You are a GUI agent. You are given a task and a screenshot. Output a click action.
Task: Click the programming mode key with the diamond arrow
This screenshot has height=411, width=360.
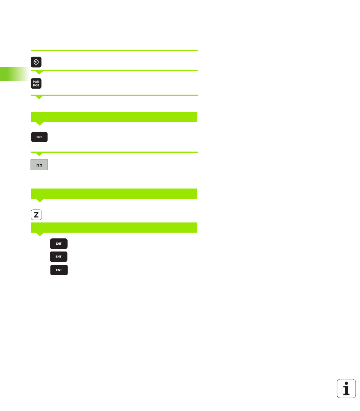click(x=36, y=62)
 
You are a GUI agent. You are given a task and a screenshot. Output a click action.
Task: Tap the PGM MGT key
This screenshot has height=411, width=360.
click(x=36, y=84)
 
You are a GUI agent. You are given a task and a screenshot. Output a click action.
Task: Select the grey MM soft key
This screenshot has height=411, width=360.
click(x=39, y=165)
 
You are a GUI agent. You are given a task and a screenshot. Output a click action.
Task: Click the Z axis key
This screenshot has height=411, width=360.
click(x=36, y=215)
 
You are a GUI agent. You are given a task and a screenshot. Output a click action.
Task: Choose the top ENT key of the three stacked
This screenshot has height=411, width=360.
click(x=59, y=244)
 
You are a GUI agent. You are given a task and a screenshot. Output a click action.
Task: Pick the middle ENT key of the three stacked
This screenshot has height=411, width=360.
click(x=59, y=257)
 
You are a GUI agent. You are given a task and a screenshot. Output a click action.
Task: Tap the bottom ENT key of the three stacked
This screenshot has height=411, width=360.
click(x=59, y=270)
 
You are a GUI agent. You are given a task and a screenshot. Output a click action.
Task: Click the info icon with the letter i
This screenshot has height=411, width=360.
click(x=346, y=388)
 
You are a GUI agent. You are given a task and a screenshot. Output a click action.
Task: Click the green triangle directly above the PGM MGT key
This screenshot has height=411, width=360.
click(x=39, y=72)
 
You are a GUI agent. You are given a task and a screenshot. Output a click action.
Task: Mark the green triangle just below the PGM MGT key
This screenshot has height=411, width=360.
click(x=39, y=97)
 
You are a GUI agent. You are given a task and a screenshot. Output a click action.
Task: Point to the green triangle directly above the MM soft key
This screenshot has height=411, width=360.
click(x=39, y=154)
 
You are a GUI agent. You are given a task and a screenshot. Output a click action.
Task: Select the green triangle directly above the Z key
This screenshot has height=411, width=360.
click(x=39, y=200)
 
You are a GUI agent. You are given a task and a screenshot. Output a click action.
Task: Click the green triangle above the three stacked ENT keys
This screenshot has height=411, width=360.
click(x=39, y=234)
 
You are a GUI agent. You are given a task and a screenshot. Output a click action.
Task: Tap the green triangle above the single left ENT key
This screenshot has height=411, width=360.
click(x=39, y=124)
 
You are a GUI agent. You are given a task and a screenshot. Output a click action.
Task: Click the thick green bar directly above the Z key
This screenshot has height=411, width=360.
click(x=114, y=193)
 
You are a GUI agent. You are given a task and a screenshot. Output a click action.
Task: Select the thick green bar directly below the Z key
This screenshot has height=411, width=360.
click(x=114, y=227)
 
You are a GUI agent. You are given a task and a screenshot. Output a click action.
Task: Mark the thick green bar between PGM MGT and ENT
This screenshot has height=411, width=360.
click(x=114, y=117)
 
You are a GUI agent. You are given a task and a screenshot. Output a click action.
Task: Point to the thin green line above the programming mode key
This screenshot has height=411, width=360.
click(x=114, y=51)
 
